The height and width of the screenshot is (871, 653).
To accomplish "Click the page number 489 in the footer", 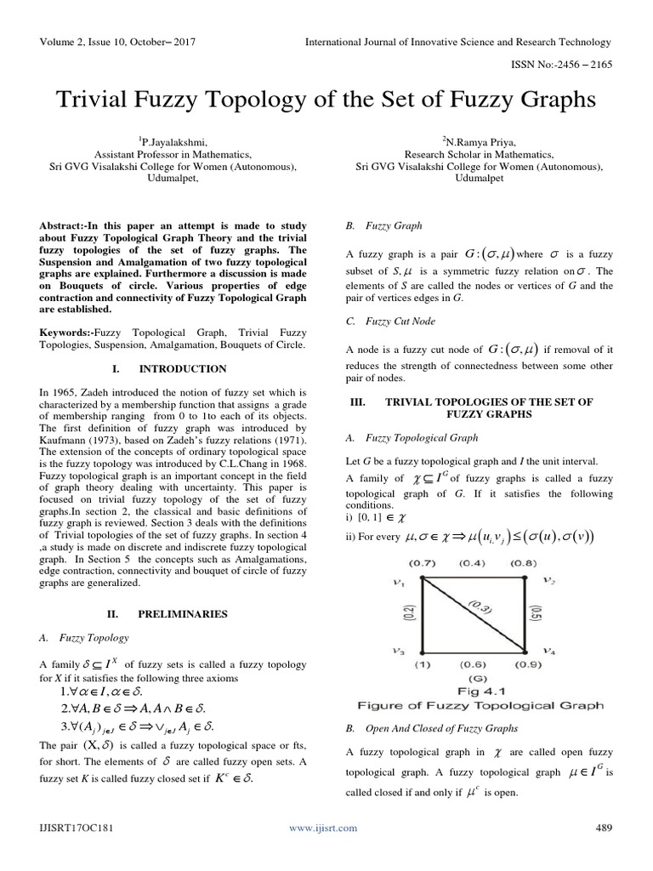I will coord(602,827).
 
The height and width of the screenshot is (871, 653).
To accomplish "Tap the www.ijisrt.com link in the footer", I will coord(323,827).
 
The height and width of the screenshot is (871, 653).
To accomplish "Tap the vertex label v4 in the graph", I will coord(550,652).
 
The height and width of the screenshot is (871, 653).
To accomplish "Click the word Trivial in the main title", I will coord(99,100).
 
